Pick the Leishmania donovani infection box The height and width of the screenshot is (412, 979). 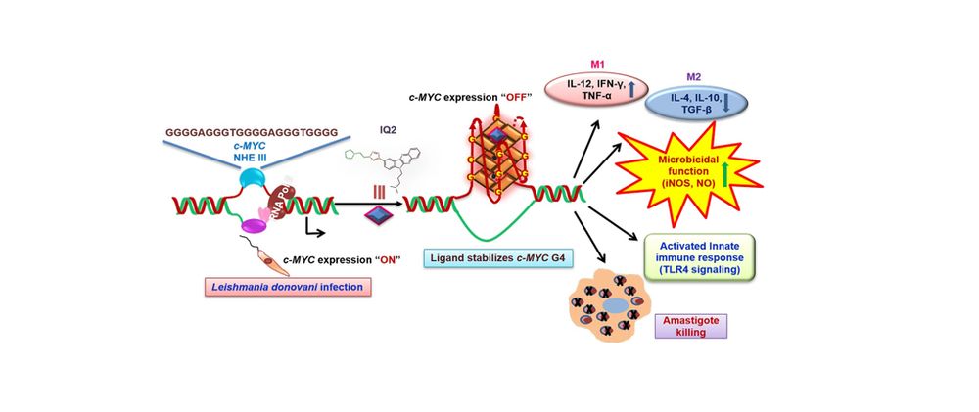[287, 287]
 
